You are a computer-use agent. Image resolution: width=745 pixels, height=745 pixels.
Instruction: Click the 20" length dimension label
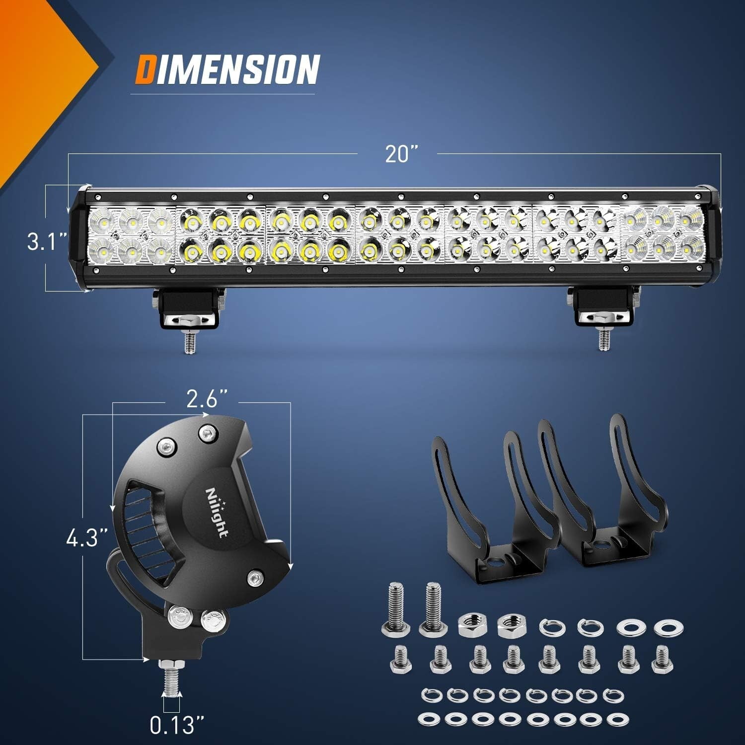click(400, 154)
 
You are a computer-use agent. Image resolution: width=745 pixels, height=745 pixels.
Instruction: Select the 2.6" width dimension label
click(207, 398)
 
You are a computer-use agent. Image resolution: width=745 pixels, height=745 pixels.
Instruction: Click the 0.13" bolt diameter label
click(172, 726)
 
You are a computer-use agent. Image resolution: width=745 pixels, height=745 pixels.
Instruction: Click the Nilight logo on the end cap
click(217, 512)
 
